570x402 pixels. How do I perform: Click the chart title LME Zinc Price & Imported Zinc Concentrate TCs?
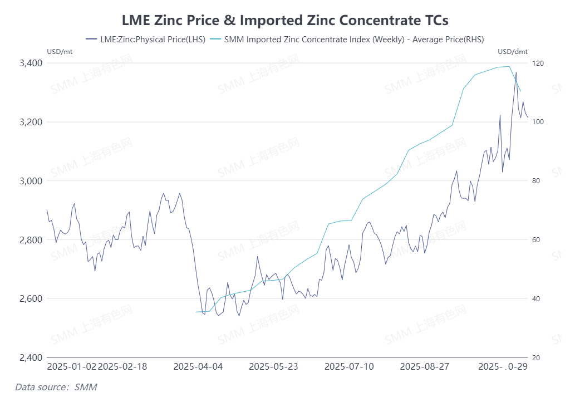(x=285, y=20)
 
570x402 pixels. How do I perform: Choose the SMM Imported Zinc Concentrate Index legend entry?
(x=353, y=39)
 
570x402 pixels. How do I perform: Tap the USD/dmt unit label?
(x=512, y=52)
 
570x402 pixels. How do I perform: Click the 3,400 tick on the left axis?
(x=31, y=63)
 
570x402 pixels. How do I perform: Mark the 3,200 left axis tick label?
(x=31, y=122)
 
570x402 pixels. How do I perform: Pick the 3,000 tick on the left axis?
(x=31, y=181)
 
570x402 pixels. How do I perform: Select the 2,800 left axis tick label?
(x=31, y=240)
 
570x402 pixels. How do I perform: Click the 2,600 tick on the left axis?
(x=31, y=299)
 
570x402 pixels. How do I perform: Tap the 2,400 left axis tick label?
(x=31, y=357)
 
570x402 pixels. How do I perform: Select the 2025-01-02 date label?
(x=72, y=367)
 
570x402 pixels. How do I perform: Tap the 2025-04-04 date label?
(x=198, y=367)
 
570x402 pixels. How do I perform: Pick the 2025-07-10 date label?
(x=349, y=367)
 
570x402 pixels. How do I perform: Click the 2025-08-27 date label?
(x=425, y=367)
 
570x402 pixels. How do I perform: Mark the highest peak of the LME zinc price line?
(x=516, y=72)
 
